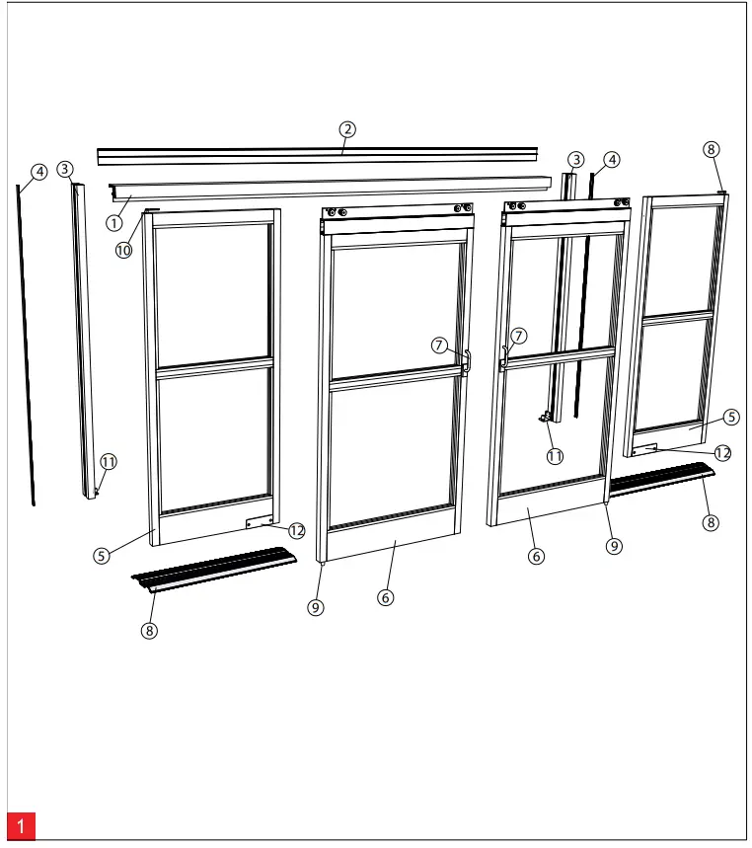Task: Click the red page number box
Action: tap(21, 826)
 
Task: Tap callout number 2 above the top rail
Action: tap(346, 128)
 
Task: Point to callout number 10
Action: tap(123, 250)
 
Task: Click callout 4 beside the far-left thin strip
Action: tap(38, 172)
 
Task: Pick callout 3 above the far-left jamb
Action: tap(65, 169)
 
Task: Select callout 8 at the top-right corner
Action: tap(711, 149)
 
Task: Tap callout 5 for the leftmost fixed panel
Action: tap(101, 555)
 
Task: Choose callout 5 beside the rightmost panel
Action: tap(731, 417)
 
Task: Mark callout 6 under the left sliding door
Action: tap(386, 597)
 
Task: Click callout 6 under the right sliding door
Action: tap(536, 556)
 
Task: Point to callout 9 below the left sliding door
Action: tap(316, 608)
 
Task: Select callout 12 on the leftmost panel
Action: tap(298, 530)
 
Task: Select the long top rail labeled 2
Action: tap(316, 155)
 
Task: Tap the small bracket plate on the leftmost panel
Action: tap(258, 523)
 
